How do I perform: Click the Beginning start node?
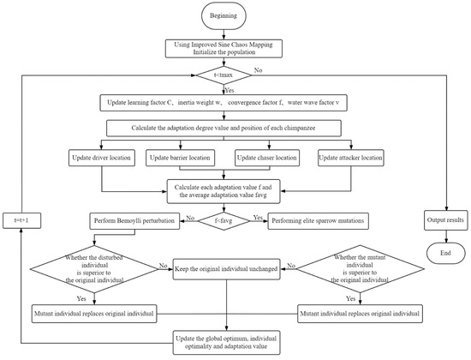coord(224,16)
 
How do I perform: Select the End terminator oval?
coord(446,253)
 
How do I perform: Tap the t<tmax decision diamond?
coord(224,75)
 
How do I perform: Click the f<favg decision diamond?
coord(224,221)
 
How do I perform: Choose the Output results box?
coord(446,220)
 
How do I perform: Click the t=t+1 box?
coord(22,220)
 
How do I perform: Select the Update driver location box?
coord(102,158)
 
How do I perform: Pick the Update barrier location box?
coord(180,158)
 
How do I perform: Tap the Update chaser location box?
coord(267,158)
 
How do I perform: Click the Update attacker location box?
coord(351,158)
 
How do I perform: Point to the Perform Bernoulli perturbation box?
coord(134,221)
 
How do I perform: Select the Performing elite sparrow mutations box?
coord(318,221)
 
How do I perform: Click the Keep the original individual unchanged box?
coord(226,269)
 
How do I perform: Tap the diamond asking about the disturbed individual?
coord(94,269)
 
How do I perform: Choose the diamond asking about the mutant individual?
coord(361,269)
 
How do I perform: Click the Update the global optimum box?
coord(226,343)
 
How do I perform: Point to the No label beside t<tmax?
coord(259,70)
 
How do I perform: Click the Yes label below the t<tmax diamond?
coord(230,90)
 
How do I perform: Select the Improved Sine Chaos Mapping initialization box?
coord(224,48)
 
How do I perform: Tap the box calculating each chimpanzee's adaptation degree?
coord(224,129)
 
